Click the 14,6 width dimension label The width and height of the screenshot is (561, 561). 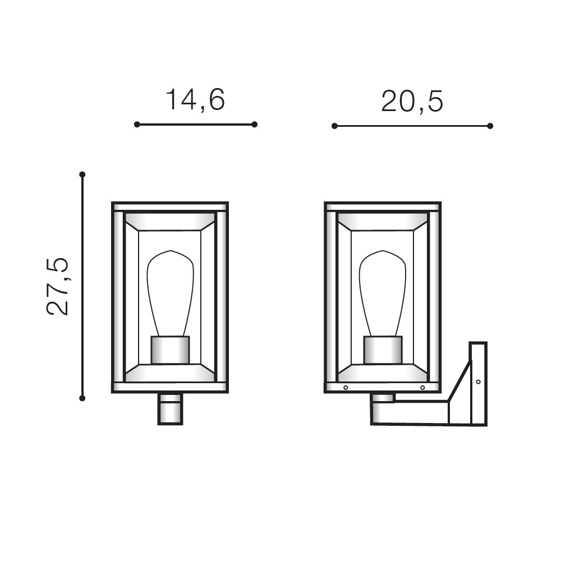[195, 100]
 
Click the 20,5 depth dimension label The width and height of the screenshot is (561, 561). [412, 101]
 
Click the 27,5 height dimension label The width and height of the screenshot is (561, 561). [58, 286]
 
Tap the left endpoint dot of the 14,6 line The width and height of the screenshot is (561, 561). [137, 125]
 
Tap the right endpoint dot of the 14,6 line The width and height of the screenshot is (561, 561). [254, 125]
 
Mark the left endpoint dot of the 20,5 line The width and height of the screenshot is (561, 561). [334, 126]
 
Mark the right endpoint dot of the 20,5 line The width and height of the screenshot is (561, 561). [490, 126]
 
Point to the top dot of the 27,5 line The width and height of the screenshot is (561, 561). [82, 174]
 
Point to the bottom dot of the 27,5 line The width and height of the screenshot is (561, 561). [82, 398]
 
